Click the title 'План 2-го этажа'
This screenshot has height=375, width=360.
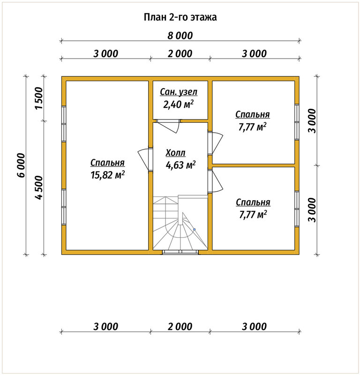pos(180,17)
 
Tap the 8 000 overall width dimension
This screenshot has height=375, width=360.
pos(180,36)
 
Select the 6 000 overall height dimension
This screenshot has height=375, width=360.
pos(21,165)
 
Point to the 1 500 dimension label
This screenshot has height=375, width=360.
pos(39,98)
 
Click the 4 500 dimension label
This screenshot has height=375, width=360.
pos(39,187)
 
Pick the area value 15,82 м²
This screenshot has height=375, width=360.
pos(107,175)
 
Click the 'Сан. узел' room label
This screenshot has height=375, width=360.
pos(179,92)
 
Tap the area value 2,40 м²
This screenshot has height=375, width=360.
pos(179,104)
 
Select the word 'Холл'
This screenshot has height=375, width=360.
pos(175,153)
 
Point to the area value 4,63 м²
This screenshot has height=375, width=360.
pos(180,165)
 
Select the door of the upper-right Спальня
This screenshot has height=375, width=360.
pos(217,143)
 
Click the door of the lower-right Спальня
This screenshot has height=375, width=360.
pos(217,181)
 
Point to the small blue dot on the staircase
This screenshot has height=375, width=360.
pos(195,230)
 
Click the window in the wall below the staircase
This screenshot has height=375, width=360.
pos(180,252)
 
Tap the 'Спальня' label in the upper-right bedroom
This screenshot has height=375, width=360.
pos(253,115)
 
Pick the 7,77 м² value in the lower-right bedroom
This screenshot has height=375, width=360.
pos(253,215)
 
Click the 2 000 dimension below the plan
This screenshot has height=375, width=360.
pos(180,326)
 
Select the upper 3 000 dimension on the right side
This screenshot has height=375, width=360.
pos(312,121)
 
